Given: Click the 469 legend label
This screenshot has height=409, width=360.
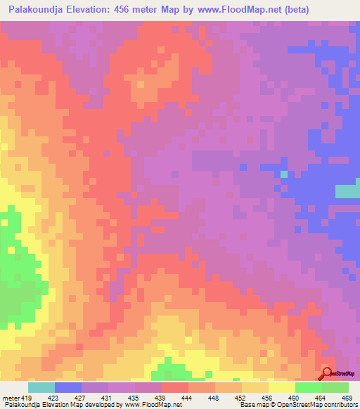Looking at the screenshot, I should pyautogui.click(x=348, y=398).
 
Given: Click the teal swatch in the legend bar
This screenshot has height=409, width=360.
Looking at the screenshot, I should pyautogui.click(x=41, y=387).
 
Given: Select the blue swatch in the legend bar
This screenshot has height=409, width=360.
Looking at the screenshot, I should pyautogui.click(x=68, y=387).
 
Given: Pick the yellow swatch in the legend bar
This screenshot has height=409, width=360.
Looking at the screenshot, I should pyautogui.click(x=281, y=387).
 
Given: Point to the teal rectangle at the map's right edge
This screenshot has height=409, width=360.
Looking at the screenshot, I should pyautogui.click(x=347, y=190).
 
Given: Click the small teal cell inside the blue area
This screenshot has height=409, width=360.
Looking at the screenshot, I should pyautogui.click(x=284, y=174).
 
